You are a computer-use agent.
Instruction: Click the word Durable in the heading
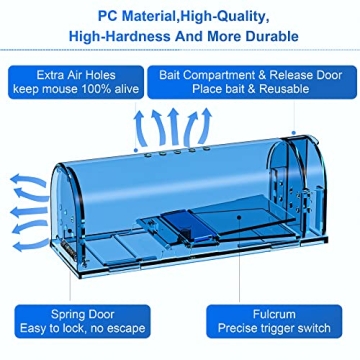click(x=272, y=36)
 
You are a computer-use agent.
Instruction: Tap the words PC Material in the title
click(x=134, y=16)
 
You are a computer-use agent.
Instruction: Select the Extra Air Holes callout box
click(x=76, y=82)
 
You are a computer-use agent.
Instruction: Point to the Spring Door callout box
click(x=83, y=321)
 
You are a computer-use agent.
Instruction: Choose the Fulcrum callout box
click(x=274, y=321)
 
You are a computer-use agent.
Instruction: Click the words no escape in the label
click(x=119, y=328)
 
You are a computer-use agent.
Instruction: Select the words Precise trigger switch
click(x=274, y=328)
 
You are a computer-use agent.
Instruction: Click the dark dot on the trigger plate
click(x=239, y=217)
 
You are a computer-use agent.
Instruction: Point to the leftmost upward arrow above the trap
click(x=140, y=129)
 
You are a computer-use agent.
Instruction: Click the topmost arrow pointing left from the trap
click(x=29, y=180)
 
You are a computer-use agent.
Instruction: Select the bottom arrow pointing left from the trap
click(x=31, y=246)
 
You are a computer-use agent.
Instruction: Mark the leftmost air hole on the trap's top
click(x=147, y=155)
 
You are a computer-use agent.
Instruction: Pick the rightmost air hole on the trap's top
click(x=207, y=148)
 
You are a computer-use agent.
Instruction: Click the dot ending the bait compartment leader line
click(x=294, y=133)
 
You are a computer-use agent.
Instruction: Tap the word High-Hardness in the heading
click(x=119, y=36)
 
